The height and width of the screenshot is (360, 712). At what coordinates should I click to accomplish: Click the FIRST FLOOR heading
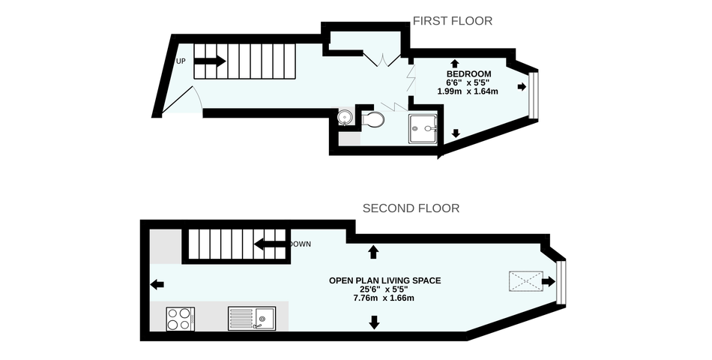452,21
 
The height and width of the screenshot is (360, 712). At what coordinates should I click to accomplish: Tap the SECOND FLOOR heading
411,208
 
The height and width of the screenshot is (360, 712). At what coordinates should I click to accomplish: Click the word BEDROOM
468,74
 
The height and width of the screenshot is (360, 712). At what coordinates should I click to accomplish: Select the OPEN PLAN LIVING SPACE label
384,280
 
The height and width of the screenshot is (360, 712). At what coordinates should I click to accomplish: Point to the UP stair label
181,61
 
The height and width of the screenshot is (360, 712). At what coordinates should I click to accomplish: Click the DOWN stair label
301,244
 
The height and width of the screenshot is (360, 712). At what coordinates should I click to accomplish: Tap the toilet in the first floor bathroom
373,120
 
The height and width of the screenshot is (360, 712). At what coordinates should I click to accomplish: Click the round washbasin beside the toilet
345,117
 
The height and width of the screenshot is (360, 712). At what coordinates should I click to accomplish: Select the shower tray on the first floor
423,129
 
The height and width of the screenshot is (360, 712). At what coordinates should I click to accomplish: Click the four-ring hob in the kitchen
181,319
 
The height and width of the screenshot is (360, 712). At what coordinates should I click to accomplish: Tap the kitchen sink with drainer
252,319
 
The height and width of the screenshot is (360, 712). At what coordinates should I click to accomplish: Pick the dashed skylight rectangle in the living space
526,281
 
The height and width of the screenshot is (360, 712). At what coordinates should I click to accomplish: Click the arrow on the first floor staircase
209,61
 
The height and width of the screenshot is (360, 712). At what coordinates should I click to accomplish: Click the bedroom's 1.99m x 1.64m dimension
468,91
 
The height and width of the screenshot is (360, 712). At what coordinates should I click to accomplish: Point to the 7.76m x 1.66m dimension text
384,298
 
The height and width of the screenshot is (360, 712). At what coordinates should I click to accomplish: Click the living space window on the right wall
561,282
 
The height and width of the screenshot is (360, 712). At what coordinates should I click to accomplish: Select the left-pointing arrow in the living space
157,285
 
